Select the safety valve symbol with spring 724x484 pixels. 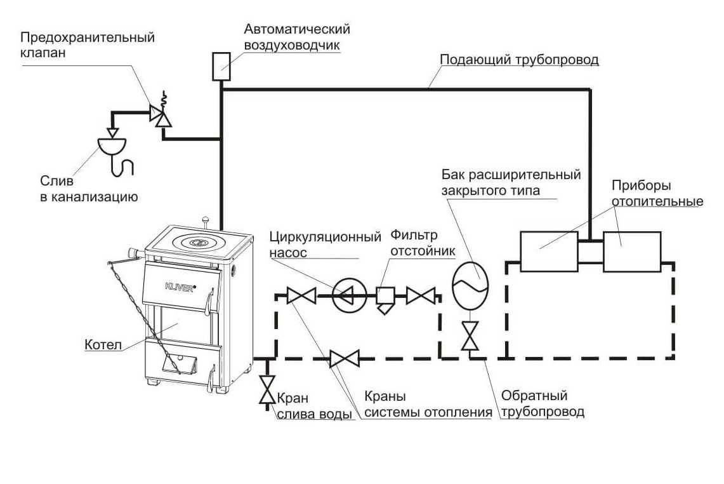click(159, 114)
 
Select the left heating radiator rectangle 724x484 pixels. click(548, 251)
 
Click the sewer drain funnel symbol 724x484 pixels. click(112, 145)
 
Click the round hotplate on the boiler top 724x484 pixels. click(199, 242)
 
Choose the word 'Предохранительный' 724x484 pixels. click(86, 37)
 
